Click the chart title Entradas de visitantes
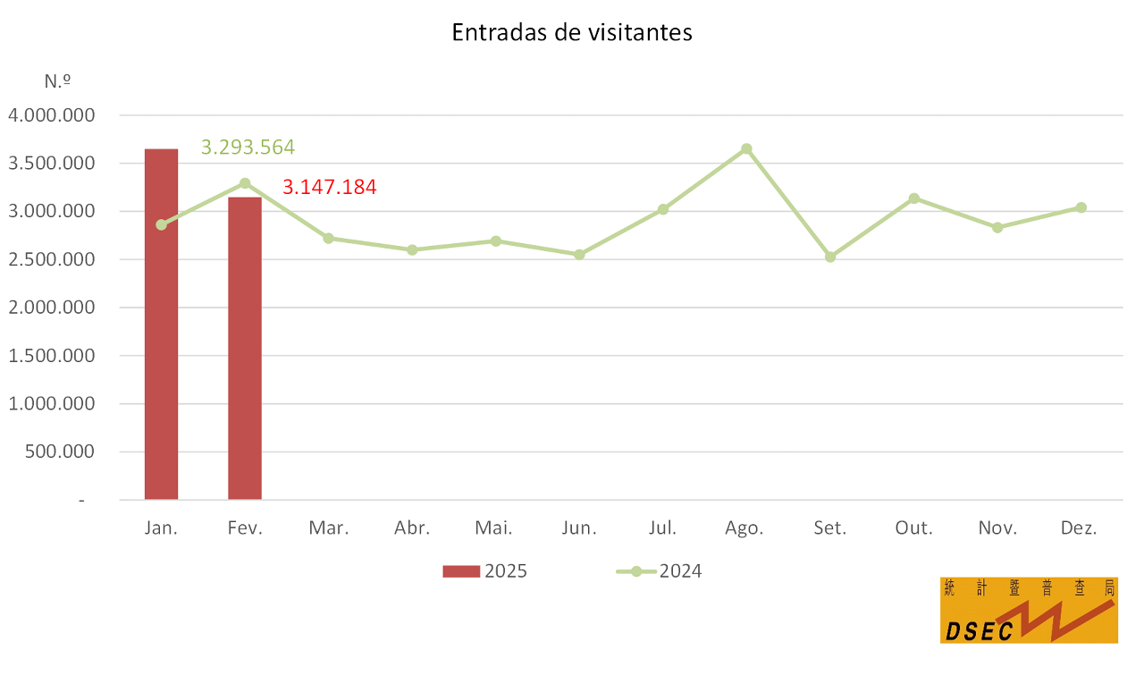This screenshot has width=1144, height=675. pos(572,33)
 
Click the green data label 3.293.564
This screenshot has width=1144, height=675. pos(248,148)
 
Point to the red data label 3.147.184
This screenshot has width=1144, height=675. pos(330,188)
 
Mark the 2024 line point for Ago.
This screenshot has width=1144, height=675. pos(746,148)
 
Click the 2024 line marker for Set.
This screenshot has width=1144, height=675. pos(830,257)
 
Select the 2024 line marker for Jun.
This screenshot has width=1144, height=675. pos(579,254)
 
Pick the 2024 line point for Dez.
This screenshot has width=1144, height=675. pos(1081,207)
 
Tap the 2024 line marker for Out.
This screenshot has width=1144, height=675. pos(913,198)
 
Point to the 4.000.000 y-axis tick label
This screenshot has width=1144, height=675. pos(51,115)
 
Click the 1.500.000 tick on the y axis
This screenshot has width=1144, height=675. pos(51,356)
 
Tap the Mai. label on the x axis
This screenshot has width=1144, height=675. pos(495,528)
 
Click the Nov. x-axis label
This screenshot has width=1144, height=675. pos(997,528)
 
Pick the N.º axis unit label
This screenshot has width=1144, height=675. pos(57,80)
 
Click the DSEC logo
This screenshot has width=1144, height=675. pos(1029,610)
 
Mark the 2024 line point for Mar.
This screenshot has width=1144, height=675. pos(328,239)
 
